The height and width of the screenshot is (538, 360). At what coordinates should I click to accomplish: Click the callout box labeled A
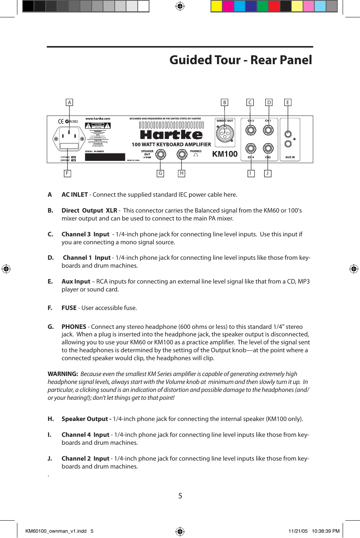pos(69,102)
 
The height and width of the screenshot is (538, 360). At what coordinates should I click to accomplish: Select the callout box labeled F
pos(67,173)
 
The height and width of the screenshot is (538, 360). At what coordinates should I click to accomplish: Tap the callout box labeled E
pos(288,102)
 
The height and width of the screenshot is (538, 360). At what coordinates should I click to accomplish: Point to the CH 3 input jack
pos(251,130)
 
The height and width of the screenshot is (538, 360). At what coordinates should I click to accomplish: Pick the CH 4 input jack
pos(251,148)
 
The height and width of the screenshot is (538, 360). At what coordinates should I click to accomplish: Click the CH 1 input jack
pos(268,130)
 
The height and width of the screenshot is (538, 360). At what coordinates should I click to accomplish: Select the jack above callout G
pos(161,154)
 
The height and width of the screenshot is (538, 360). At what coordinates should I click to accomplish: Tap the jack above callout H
pos(182,154)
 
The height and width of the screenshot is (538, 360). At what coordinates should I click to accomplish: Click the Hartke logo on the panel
pos(171,135)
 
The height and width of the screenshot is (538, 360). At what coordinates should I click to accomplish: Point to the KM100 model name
pos(225,154)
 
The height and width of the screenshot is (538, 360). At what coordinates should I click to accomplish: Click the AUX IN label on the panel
pos(290,157)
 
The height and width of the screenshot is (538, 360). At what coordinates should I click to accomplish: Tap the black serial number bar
pos(105,157)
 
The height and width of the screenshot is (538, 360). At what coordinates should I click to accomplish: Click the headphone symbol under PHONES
pos(195,155)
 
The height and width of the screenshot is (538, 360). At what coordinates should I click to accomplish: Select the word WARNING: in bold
pos(63,374)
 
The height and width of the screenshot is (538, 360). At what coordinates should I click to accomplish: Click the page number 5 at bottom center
pos(180,496)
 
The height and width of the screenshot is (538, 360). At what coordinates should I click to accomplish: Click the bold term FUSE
pos(69,308)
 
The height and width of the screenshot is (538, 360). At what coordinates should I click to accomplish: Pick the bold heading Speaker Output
pos(85,419)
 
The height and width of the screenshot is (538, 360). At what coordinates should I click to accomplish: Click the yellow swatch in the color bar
pos(216,6)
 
